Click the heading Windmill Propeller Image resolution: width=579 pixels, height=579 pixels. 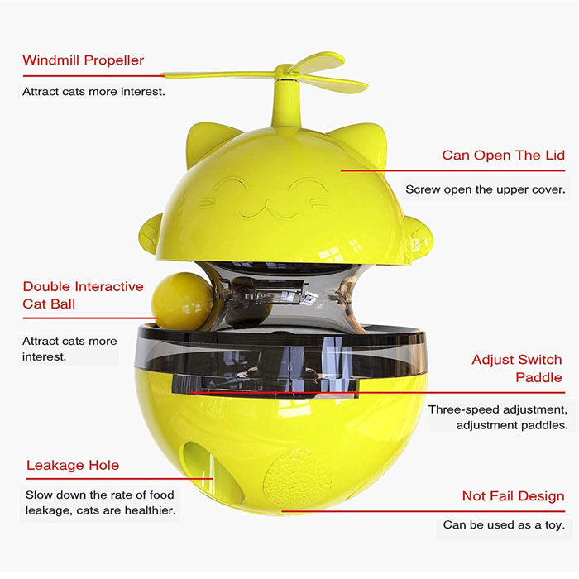coord(83,60)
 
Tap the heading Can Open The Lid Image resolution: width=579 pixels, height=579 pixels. coord(503,156)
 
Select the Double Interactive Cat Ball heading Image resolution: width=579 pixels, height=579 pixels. coord(83,295)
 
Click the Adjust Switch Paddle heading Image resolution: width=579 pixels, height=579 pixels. coord(517,369)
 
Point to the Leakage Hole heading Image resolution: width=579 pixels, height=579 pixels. coord(73,465)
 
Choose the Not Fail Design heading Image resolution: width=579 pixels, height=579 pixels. coord(514,496)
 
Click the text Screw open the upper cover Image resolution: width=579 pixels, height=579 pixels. coord(486,189)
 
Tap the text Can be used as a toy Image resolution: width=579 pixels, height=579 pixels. coord(504,524)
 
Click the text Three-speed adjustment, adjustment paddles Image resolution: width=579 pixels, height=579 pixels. coord(498,417)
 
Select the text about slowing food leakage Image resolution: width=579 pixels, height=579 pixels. coord(100,503)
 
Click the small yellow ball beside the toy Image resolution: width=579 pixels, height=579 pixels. coord(182,301)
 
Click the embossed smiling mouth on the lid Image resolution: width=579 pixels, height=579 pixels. coord(268,210)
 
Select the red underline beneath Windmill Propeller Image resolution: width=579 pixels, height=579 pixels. coord(93,76)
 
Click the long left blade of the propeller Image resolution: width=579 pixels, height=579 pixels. coord(221,75)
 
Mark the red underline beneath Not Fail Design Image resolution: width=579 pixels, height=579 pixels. coord(423,511)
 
